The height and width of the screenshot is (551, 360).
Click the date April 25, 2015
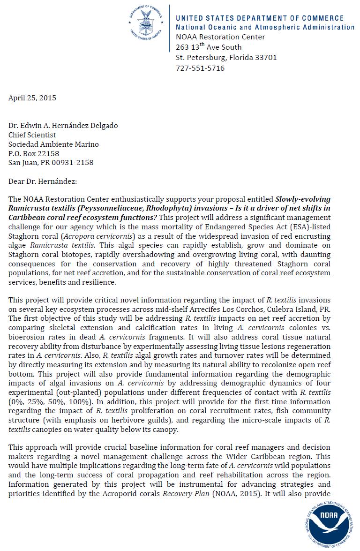point(32,98)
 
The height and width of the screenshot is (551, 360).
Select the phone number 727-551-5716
point(200,68)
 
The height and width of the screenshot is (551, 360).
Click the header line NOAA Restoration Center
point(220,37)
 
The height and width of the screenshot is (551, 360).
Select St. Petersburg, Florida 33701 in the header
point(226,58)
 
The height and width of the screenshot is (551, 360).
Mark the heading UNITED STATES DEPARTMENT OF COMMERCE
point(260,18)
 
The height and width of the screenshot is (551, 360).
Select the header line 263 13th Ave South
point(209,47)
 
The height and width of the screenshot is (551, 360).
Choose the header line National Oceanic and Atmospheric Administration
point(265,27)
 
